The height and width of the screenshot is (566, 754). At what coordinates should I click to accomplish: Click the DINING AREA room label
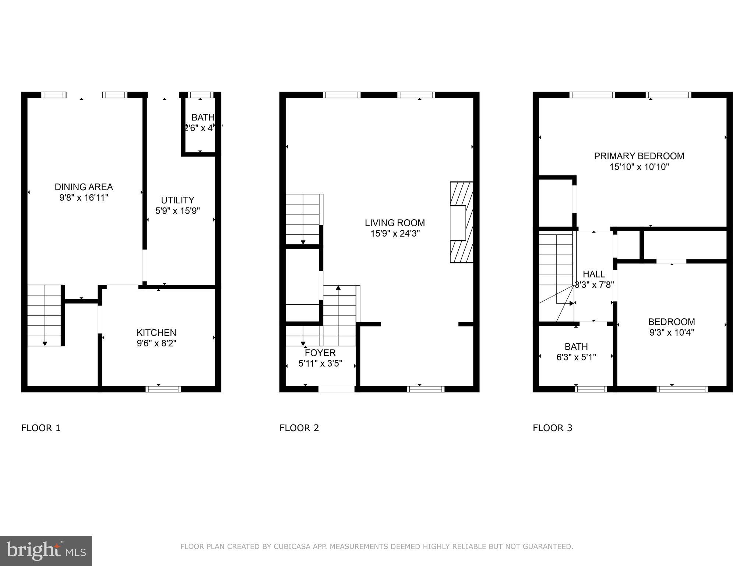84,187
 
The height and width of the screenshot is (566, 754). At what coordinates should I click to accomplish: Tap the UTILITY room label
177,200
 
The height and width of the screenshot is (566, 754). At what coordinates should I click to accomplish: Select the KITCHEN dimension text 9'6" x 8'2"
156,343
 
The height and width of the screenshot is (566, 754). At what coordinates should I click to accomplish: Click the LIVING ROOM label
395,223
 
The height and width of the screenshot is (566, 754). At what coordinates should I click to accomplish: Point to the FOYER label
320,353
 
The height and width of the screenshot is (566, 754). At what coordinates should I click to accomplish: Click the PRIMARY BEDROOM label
639,156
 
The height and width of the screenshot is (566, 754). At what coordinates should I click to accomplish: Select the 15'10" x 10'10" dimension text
639,167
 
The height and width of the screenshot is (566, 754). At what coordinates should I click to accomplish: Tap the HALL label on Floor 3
594,274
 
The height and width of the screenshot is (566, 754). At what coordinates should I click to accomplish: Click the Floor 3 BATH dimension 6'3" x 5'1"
576,357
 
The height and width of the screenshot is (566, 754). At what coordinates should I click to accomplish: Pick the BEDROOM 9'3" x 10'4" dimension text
672,332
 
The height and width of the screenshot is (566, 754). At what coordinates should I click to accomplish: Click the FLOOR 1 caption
41,428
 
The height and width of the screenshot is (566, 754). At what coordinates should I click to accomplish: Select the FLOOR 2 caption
299,428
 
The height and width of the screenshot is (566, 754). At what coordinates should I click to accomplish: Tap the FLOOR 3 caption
552,428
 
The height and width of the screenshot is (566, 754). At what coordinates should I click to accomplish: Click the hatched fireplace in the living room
462,222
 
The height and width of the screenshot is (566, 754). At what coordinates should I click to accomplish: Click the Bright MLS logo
46,551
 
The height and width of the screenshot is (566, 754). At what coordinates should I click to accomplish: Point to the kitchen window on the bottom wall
163,389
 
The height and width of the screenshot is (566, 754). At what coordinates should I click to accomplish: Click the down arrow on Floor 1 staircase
45,343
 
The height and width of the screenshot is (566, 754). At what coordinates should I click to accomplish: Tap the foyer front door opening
336,389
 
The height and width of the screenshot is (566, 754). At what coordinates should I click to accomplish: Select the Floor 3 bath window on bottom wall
591,389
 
